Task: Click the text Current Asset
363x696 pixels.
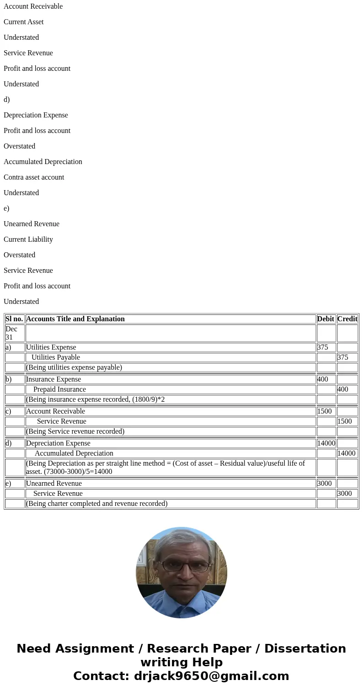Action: point(24,22)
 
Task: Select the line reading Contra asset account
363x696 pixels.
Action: point(34,177)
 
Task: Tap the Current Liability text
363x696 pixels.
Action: point(28,239)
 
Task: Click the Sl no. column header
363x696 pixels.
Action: point(14,319)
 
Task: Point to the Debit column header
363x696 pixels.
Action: point(326,319)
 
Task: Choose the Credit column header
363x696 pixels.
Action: point(347,319)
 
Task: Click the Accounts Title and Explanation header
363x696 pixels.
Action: point(75,319)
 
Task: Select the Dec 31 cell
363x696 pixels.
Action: point(11,333)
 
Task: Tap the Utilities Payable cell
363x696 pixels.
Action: point(56,357)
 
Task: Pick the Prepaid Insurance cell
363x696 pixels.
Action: point(59,389)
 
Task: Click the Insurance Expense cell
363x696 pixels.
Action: point(53,379)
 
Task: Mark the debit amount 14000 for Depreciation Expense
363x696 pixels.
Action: point(326,443)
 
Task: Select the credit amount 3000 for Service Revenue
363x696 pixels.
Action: point(345,494)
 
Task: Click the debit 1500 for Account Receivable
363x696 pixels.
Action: point(325,411)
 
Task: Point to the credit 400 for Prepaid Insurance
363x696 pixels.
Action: point(342,389)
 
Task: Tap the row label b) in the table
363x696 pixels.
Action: point(9,379)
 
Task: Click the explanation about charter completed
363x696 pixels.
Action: point(97,504)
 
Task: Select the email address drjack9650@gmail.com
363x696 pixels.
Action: point(211,676)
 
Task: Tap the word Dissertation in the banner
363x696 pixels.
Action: point(305,649)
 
